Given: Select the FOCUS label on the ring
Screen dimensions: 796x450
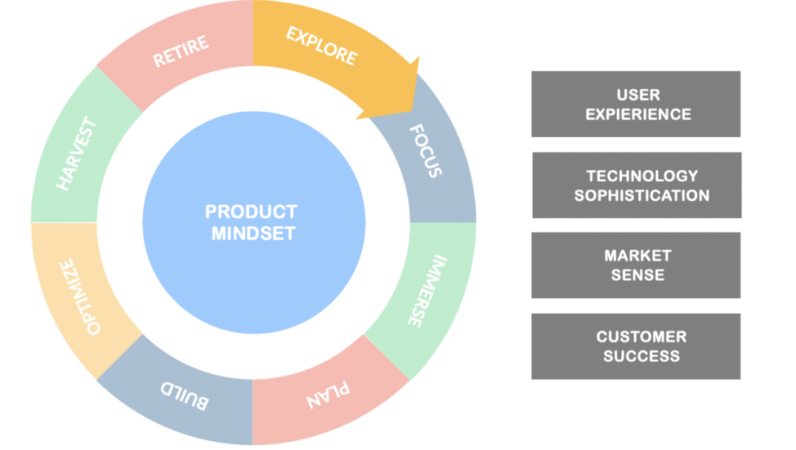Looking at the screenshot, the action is point(425,151).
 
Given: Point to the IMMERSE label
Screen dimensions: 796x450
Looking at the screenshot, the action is point(427,291).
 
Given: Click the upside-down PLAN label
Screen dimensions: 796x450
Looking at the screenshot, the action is point(328,395).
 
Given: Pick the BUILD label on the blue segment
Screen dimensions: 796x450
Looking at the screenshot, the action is point(184,395).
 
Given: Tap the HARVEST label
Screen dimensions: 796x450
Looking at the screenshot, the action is point(76,154).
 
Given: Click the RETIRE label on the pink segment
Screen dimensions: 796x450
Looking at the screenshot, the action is point(181,52).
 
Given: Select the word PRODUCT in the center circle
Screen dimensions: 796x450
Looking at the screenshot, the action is point(251,211).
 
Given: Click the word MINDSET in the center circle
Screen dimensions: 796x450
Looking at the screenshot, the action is point(254,233).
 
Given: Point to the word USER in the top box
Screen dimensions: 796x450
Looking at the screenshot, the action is point(638,95).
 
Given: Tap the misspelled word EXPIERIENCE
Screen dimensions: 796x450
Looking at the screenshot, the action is point(638,115).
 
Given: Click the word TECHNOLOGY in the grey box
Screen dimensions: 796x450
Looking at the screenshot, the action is point(642,176).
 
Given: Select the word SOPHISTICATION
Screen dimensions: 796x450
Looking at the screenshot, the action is point(642,196).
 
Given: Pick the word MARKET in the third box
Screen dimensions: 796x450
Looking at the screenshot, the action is point(638,256).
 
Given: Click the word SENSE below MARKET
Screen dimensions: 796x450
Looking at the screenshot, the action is point(638,275).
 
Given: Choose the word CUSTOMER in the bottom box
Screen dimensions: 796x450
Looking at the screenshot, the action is point(641,337).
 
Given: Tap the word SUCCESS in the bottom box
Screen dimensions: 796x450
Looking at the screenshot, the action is point(641,356).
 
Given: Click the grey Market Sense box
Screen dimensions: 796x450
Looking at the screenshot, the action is point(635,265).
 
